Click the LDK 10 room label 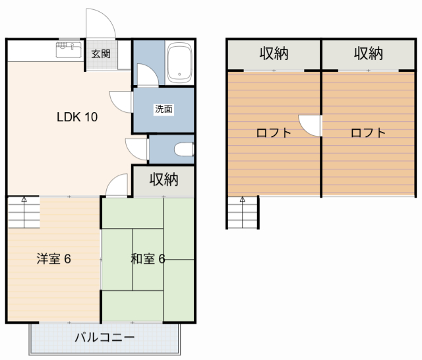pos(77,118)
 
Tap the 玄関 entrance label pos(101,54)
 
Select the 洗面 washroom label pos(164,109)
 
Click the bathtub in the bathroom pos(179,63)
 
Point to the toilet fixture pos(184,150)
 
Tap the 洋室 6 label pos(53,258)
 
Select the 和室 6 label pos(148,258)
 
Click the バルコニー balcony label pos(104,338)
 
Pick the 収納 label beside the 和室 pos(164,179)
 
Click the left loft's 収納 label pos(274,53)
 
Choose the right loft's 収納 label pos(369,53)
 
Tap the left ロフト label pos(274,133)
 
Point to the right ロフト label pos(368,133)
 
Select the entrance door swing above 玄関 pos(102,25)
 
